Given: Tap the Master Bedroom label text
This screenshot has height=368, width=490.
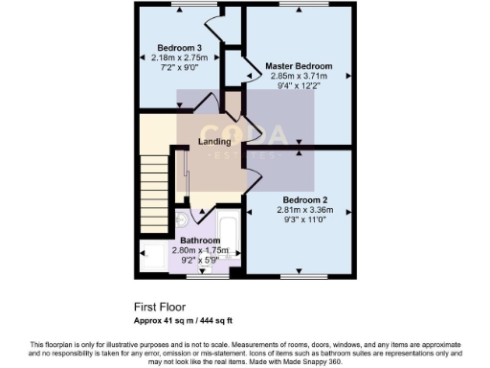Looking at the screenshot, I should pos(299,66).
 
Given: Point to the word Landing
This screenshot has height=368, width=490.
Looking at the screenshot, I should pos(214,142).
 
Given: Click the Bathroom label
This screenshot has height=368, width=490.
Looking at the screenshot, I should pos(200,241).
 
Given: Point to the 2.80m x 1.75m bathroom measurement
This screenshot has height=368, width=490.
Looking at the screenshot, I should pos(201,250).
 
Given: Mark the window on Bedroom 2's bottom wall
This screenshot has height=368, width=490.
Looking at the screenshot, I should pos(298,276).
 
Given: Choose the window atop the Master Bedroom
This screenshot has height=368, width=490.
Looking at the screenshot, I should pos(298,5).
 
